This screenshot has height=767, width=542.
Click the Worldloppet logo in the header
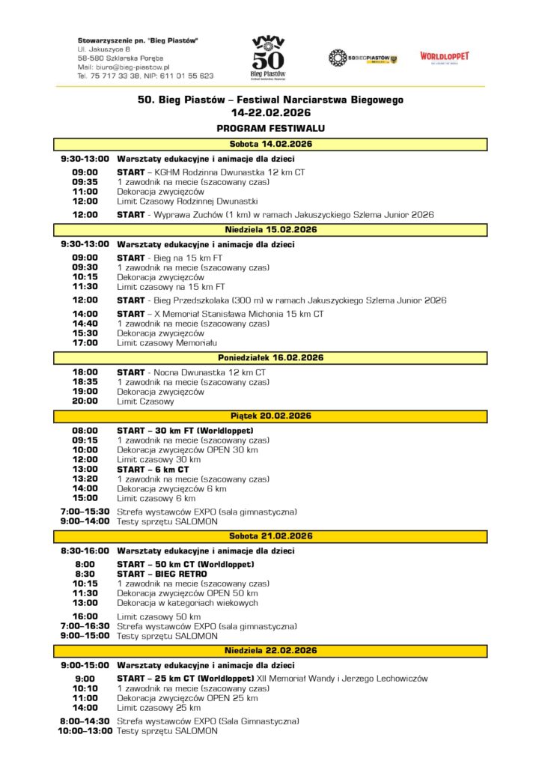pyautogui.click(x=444, y=57)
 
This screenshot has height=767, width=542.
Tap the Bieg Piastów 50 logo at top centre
pyautogui.click(x=268, y=57)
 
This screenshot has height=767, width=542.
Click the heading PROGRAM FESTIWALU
pyautogui.click(x=270, y=128)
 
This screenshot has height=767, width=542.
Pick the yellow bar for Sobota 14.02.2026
pyautogui.click(x=270, y=144)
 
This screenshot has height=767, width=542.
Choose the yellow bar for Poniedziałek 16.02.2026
pyautogui.click(x=270, y=358)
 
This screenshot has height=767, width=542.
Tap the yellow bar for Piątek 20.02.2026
pyautogui.click(x=270, y=416)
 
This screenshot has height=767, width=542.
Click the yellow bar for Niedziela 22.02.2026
pyautogui.click(x=270, y=651)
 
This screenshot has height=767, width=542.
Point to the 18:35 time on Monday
pyautogui.click(x=85, y=382)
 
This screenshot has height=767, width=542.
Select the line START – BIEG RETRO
pyautogui.click(x=162, y=574)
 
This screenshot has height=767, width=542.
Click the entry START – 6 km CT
pyautogui.click(x=153, y=470)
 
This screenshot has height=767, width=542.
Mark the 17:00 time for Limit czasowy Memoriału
pyautogui.click(x=85, y=343)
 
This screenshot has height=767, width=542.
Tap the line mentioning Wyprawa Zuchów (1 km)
pyautogui.click(x=275, y=214)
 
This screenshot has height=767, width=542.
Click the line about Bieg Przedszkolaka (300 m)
pyautogui.click(x=281, y=300)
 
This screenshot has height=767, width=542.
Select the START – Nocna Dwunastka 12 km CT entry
pyautogui.click(x=191, y=372)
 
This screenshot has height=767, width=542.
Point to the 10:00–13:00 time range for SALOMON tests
pyautogui.click(x=85, y=731)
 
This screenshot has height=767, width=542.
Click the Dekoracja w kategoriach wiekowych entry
pyautogui.click(x=187, y=602)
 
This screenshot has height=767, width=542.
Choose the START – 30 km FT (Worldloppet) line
pyautogui.click(x=184, y=431)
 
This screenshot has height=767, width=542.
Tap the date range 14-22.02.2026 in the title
pyautogui.click(x=270, y=113)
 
